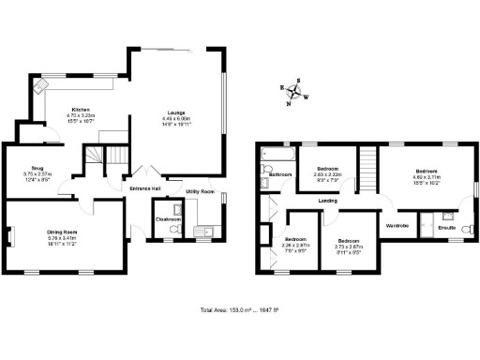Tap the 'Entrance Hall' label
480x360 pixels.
145,188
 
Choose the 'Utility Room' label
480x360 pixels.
201,191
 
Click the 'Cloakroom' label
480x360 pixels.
168,220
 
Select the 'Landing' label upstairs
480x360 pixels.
328,201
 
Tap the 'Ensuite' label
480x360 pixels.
447,226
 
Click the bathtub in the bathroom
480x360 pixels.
278,156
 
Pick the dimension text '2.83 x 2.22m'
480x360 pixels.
327,173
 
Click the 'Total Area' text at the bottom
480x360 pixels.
239,309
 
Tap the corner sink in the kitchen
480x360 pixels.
41,88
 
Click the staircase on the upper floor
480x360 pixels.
367,170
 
